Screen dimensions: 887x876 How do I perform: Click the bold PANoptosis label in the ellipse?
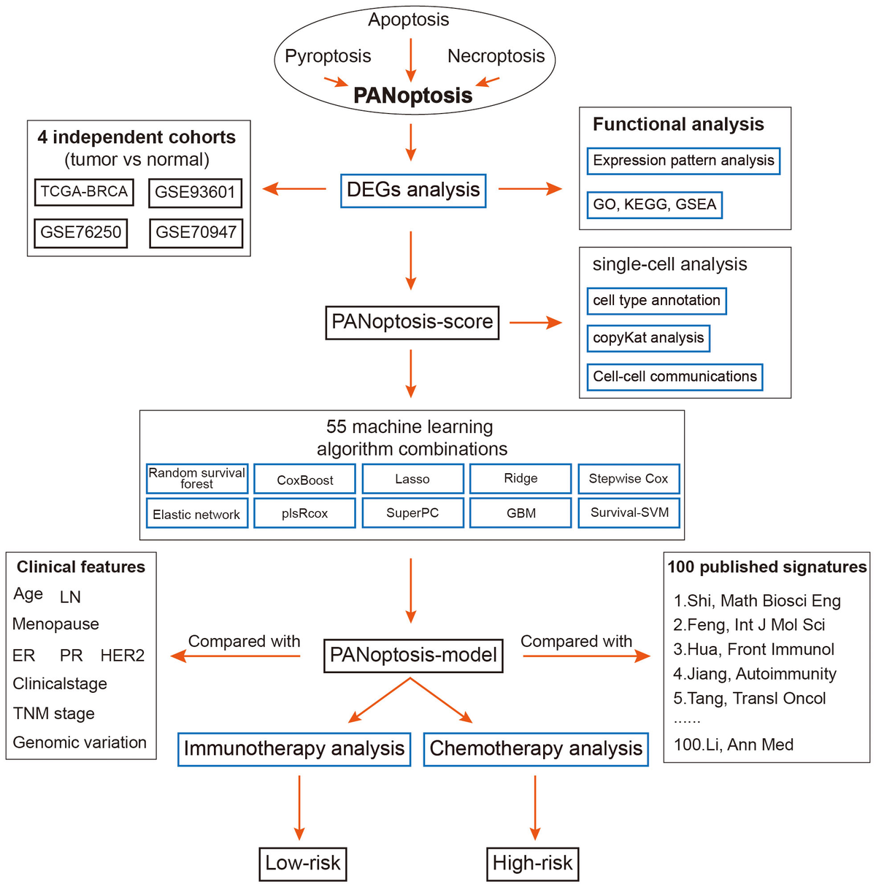pos(412,96)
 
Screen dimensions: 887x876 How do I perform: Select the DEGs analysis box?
pos(413,191)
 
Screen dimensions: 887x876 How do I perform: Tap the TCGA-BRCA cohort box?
pos(84,192)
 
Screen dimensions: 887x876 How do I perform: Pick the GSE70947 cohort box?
pos(196,233)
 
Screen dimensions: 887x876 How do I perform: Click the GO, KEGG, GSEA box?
pos(654,204)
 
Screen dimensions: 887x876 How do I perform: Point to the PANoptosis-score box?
pos(412,322)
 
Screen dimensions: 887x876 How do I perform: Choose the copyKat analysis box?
pos(648,338)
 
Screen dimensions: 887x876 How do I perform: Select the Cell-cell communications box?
pos(675,377)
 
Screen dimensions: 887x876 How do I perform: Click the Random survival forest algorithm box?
pos(197,479)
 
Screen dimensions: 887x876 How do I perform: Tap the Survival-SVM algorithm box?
pos(629,512)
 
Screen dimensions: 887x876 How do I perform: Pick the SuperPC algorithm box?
pos(412,512)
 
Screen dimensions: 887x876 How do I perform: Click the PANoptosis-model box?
pos(413,655)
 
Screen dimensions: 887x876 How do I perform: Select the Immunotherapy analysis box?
pos(294,749)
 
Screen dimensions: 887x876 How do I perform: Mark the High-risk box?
pos(532,864)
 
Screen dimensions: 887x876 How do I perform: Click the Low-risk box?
pos(302,864)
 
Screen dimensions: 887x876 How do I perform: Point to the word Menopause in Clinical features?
pos(55,624)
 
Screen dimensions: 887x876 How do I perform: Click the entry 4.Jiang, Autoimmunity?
pos(754,674)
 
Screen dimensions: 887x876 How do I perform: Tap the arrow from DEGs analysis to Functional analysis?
pos(530,190)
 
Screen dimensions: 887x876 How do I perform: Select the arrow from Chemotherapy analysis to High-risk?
pos(535,807)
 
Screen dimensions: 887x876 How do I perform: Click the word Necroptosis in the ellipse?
pos(496,56)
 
